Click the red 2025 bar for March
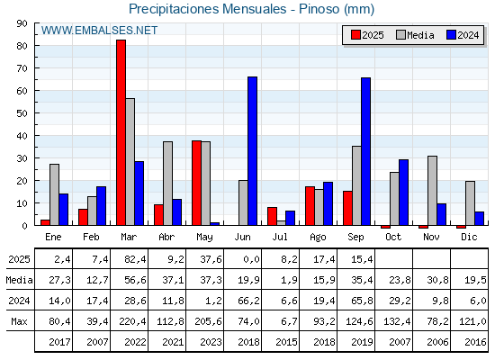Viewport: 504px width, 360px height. click(121, 132)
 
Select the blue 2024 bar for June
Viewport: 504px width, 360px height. click(252, 151)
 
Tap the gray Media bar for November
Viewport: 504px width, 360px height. click(432, 191)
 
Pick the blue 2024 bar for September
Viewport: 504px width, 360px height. click(365, 151)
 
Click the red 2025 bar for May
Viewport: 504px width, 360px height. click(197, 183)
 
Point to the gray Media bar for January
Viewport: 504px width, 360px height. click(54, 194)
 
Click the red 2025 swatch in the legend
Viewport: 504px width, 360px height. click(355, 35)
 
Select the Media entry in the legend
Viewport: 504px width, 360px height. click(415, 35)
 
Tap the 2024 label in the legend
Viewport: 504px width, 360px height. click(468, 35)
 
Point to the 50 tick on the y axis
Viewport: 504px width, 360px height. click(22, 113)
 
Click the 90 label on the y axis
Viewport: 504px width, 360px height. click(22, 23)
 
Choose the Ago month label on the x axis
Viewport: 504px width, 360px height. click(318, 238)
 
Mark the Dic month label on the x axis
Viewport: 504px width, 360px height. click(469, 237)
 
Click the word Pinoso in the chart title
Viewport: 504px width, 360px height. click(319, 9)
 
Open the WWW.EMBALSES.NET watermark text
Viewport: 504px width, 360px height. click(99, 31)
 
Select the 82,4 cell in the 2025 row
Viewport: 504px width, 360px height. click(135, 259)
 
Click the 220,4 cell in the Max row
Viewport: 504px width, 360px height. click(132, 321)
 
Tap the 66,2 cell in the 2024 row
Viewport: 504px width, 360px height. click(248, 301)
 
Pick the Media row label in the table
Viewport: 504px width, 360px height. click(19, 280)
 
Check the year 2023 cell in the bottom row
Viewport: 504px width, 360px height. click(211, 342)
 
